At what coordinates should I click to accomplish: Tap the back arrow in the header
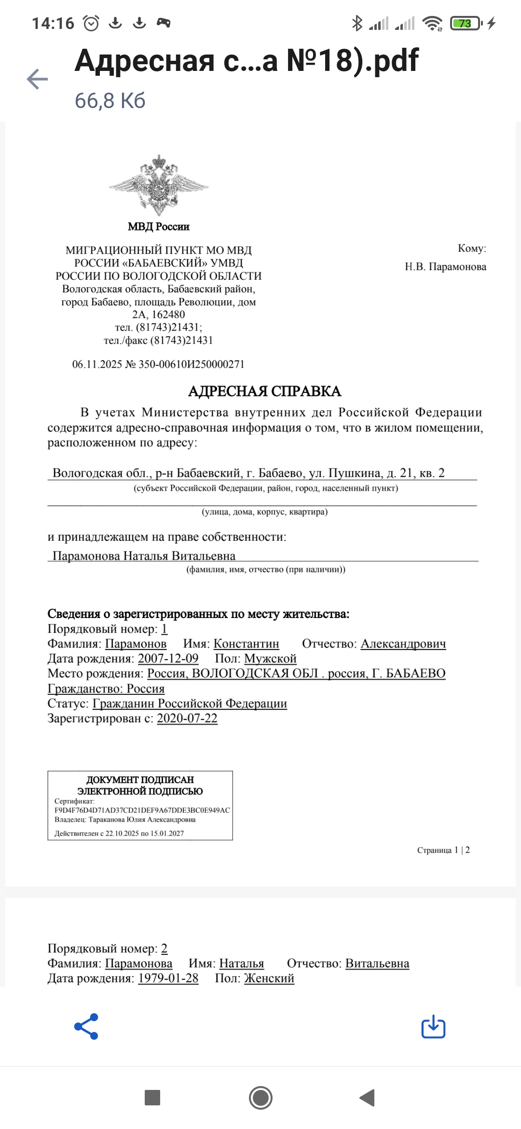[37, 79]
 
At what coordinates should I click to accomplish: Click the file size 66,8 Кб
[110, 101]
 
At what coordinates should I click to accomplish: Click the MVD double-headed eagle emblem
[159, 185]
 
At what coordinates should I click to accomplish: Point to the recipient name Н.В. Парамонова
[445, 267]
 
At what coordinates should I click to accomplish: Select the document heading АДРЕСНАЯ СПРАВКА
[264, 391]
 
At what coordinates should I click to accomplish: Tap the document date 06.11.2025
[97, 364]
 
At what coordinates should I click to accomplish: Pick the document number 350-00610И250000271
[192, 364]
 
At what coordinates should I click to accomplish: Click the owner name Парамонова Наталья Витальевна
[144, 556]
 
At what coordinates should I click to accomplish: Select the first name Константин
[246, 644]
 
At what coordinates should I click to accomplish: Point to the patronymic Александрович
[403, 644]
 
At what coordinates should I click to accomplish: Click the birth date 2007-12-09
[168, 659]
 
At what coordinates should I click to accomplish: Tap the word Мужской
[270, 659]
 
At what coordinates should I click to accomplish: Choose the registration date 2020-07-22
[187, 718]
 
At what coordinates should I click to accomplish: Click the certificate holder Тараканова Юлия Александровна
[142, 819]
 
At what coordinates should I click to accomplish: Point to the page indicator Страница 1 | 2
[443, 850]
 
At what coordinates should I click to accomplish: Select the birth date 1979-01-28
[168, 978]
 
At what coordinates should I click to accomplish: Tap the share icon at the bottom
[86, 1026]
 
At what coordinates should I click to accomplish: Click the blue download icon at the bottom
[433, 1026]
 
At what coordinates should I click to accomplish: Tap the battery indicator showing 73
[465, 23]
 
